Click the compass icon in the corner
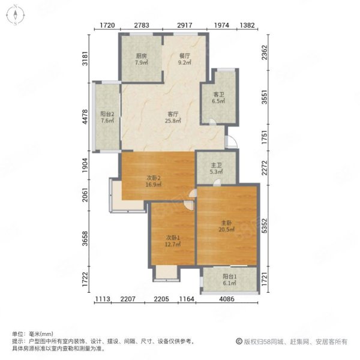pos(15,15)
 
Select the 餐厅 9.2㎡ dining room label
pos(185,59)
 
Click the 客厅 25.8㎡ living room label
pos(173,117)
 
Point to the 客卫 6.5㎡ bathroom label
pos(218,98)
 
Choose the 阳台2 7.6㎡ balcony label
pos(107,117)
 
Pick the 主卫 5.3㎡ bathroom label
pos(216,168)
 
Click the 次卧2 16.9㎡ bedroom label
pos(154,181)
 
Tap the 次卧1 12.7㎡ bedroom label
pos(173,241)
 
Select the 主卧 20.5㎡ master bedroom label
pos(226,226)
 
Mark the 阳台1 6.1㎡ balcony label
pos(230,280)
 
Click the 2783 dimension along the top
pos(142,25)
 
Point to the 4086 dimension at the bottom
pos(227,299)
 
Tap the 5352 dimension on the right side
pos(265,226)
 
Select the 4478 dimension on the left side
pos(85,117)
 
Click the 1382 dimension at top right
pos(247,25)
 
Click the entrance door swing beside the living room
pos(231,142)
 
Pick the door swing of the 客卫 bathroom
pos(212,122)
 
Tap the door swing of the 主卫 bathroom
pos(217,182)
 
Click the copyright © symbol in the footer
pos(239,341)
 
